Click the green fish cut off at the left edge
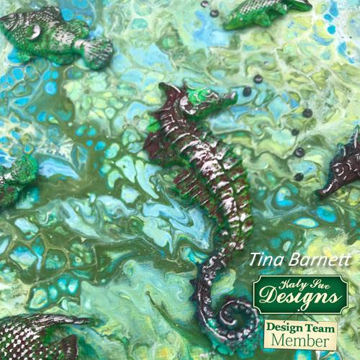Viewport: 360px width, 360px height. point(14,184)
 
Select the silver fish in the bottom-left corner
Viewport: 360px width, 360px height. point(40,338)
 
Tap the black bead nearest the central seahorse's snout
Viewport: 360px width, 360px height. point(247,91)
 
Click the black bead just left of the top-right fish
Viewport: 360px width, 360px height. point(215,13)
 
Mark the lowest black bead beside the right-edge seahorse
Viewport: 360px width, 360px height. point(298,176)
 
